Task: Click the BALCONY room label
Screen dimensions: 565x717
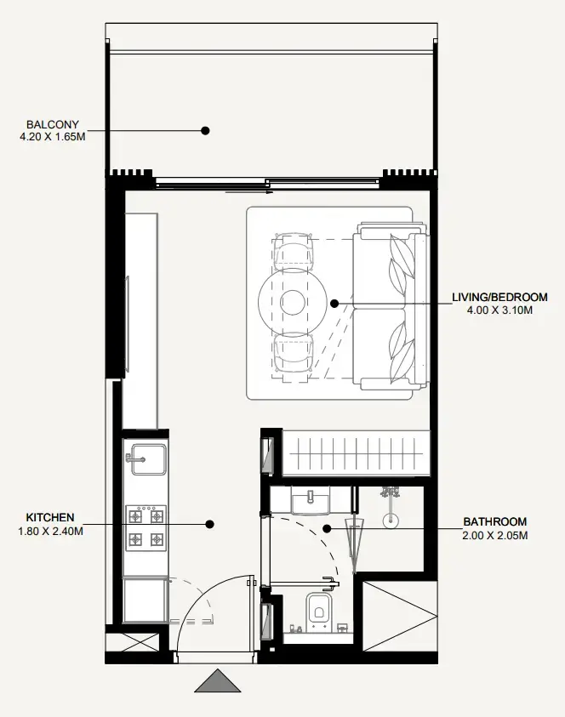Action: point(53,124)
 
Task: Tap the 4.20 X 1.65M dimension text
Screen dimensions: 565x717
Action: point(53,137)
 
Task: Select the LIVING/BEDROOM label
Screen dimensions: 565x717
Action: point(499,297)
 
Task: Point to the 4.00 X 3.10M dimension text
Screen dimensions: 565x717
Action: point(499,310)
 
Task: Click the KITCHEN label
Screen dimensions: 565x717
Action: point(50,518)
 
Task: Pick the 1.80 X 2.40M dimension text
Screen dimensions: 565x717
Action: point(50,532)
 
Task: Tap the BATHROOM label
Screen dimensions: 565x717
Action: point(495,521)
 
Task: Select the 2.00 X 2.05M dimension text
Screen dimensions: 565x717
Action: point(495,536)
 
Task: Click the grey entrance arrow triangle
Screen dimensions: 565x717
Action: point(218,681)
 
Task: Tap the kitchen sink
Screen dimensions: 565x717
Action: point(146,459)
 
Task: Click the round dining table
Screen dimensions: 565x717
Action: point(293,302)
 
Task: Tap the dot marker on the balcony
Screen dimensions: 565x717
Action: point(205,131)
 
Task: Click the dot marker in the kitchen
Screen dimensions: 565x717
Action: point(209,524)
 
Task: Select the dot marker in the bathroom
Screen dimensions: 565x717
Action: point(327,529)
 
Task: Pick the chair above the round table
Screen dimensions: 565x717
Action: point(293,252)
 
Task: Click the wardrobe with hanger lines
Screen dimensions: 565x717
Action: point(357,453)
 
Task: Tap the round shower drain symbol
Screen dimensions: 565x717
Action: point(391,520)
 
